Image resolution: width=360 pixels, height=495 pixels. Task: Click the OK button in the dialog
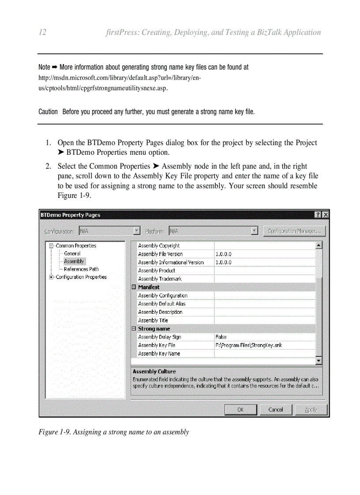coord(240,409)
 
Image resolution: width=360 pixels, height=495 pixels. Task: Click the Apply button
coord(311,409)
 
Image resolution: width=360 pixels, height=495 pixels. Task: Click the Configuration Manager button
coord(294,231)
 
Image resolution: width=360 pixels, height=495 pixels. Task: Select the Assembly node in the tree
coord(74,261)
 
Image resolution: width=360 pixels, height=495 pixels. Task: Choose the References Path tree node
coord(81,269)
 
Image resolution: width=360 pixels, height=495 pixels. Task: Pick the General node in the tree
coord(72,253)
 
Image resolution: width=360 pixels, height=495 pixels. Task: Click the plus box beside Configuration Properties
coord(52,277)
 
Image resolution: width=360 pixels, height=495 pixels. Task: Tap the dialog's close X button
coord(326,215)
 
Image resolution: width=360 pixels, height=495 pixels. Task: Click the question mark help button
coord(318,215)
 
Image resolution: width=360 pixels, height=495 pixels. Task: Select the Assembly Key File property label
coord(157,346)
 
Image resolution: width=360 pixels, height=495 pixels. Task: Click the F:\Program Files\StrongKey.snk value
coord(248,346)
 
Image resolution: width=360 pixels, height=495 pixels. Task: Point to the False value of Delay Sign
coord(221,337)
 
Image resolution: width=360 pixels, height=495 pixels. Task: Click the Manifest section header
coord(149,287)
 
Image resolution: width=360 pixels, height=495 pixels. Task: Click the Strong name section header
coord(154,329)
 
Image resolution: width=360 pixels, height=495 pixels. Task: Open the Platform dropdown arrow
coord(255,231)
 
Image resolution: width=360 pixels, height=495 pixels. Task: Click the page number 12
coord(43,33)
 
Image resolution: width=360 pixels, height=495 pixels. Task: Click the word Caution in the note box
coord(48,112)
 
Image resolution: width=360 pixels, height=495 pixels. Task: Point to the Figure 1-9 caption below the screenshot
coord(114,432)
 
